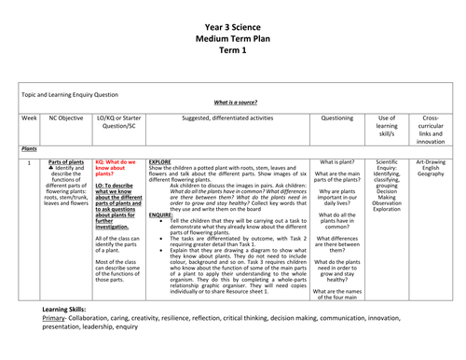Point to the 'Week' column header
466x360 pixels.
click(x=28, y=118)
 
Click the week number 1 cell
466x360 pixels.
click(x=29, y=162)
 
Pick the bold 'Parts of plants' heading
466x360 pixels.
click(x=67, y=161)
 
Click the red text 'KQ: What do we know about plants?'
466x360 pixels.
click(x=116, y=167)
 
